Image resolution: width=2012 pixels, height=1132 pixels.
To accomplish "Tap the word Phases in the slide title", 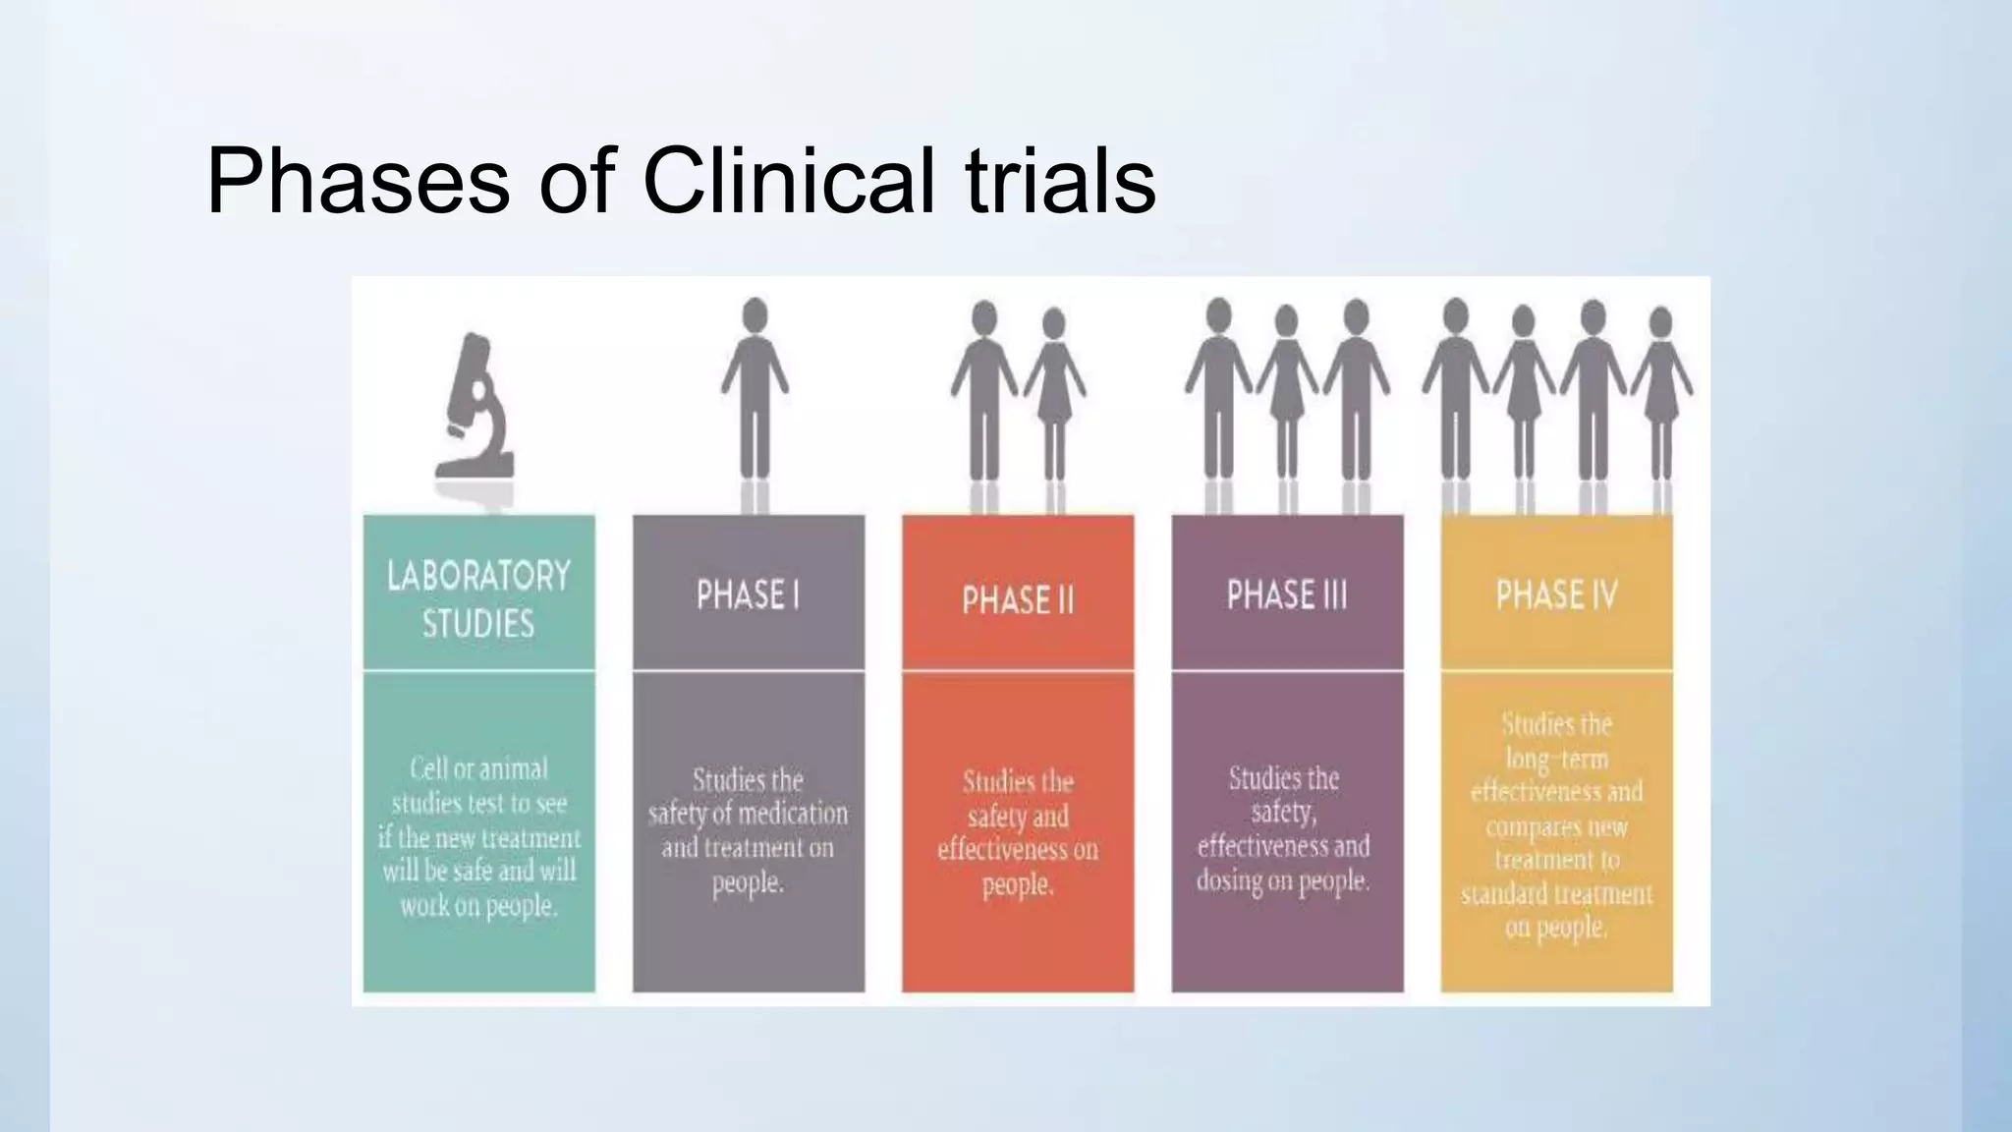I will pyautogui.click(x=358, y=181).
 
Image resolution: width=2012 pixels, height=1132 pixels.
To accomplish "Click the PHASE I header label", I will pyautogui.click(x=748, y=595).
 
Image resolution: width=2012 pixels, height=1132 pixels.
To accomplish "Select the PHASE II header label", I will pyautogui.click(x=1018, y=599).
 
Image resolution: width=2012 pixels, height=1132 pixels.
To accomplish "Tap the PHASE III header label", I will pyautogui.click(x=1287, y=595).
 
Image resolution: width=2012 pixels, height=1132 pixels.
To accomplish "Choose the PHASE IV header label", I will pyautogui.click(x=1556, y=595).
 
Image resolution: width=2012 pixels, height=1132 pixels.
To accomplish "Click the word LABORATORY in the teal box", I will pyautogui.click(x=478, y=576).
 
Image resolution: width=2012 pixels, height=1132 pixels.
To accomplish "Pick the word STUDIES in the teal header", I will pyautogui.click(x=478, y=624).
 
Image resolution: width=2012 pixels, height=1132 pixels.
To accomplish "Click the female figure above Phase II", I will pyautogui.click(x=1054, y=393).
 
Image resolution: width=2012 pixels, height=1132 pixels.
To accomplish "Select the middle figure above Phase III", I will pyautogui.click(x=1286, y=393).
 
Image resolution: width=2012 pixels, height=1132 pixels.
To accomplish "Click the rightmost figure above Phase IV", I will pyautogui.click(x=1661, y=393).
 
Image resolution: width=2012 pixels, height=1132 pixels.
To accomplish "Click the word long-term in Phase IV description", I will pyautogui.click(x=1557, y=759).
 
